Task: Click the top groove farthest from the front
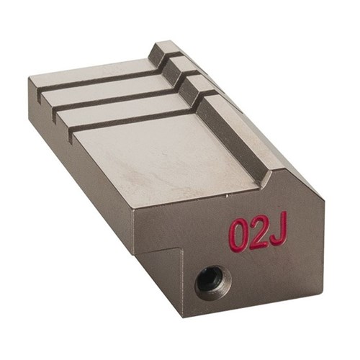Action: [94, 76]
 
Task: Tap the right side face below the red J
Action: [302, 259]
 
